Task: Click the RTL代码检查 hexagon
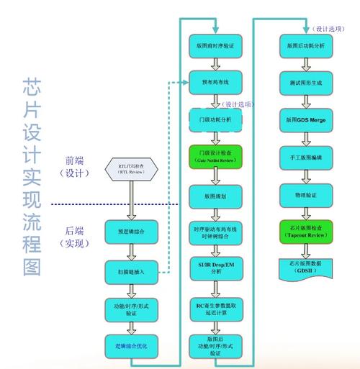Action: (x=131, y=169)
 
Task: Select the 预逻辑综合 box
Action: (x=131, y=232)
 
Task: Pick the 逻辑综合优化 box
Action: (x=131, y=346)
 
